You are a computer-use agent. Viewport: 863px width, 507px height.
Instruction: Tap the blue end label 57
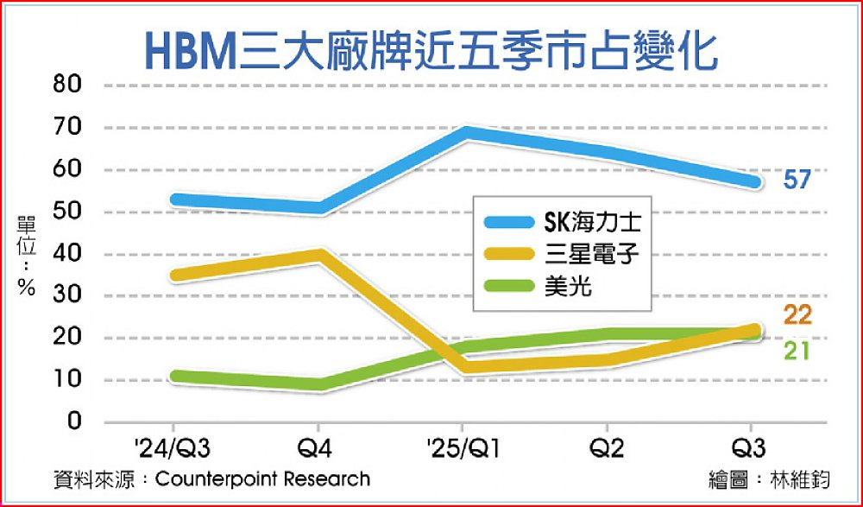797,181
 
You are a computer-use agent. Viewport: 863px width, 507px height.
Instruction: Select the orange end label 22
797,316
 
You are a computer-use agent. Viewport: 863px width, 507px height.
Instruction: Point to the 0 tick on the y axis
76,422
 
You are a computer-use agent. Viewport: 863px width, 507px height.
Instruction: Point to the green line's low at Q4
321,384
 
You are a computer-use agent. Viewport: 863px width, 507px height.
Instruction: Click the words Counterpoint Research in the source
262,478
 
